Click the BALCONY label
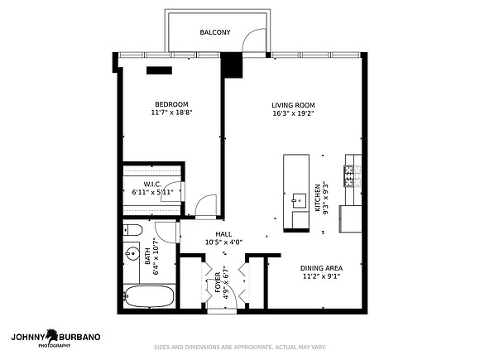tap(215, 32)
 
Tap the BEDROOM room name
tap(171, 104)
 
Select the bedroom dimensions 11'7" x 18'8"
tap(171, 113)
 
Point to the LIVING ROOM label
tap(293, 105)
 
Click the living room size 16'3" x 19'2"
tap(293, 113)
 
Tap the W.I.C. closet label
tap(152, 185)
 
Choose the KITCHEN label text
tap(318, 198)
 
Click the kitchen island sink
tap(299, 200)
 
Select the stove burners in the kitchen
tap(348, 175)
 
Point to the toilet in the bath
tap(133, 230)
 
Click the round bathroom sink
tap(132, 253)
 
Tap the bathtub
tap(149, 296)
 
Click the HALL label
tap(223, 234)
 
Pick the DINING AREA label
tap(321, 268)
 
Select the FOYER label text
tap(218, 282)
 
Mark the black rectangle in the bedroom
tap(159, 70)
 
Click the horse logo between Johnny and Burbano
tap(52, 336)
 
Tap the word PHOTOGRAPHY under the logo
tap(54, 346)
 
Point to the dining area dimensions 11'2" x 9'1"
tap(321, 276)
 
